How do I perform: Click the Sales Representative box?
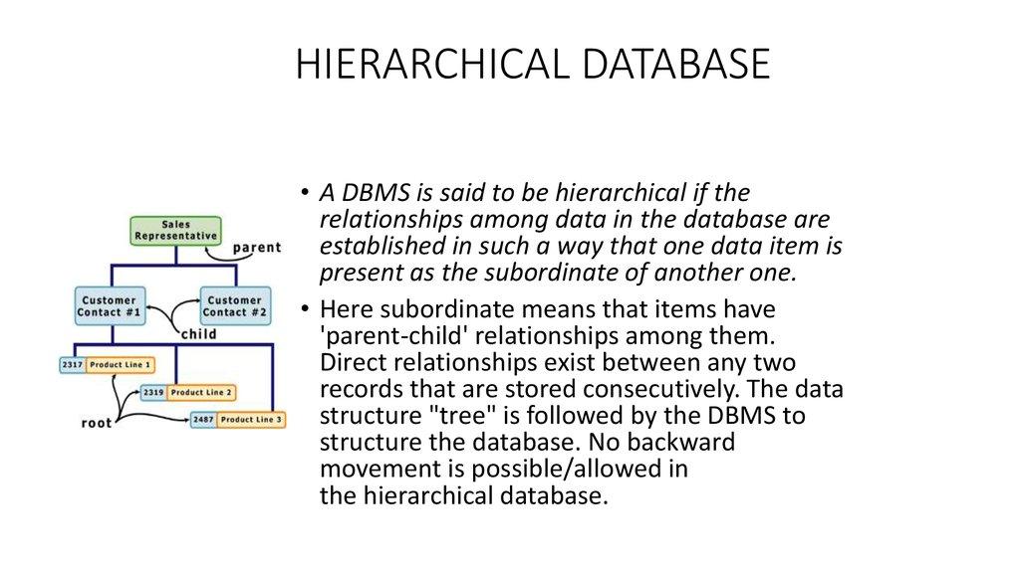[x=175, y=230]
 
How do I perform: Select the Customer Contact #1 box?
[x=110, y=305]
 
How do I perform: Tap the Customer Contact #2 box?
[x=235, y=305]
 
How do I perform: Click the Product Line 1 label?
[x=120, y=365]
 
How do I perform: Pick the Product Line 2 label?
[x=201, y=392]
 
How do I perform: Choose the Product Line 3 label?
[x=251, y=420]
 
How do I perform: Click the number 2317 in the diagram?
[x=71, y=365]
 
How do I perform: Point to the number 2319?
[x=152, y=392]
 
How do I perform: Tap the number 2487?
[x=202, y=420]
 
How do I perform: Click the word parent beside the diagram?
[x=256, y=247]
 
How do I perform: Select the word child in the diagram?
[x=198, y=334]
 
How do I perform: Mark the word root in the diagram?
[x=97, y=423]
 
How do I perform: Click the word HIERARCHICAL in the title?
[x=420, y=65]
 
